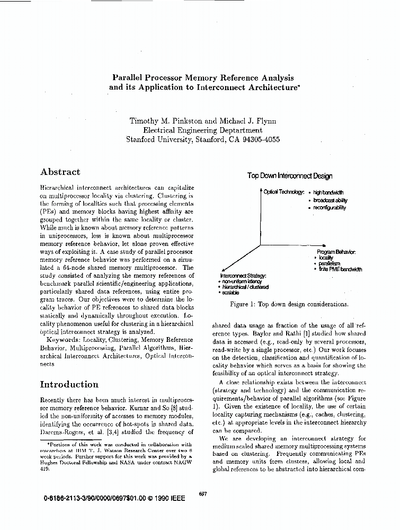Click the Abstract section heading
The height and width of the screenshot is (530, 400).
point(60,172)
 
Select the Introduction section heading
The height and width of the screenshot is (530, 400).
point(69,384)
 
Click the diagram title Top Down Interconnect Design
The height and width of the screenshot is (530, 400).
point(290,176)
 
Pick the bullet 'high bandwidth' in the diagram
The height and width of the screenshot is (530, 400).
point(328,192)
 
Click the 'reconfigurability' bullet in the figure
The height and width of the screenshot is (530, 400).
point(329,208)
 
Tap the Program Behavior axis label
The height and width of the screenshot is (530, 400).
point(336,251)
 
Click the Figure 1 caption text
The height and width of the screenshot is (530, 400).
point(289,304)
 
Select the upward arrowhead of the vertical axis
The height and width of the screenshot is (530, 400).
point(260,190)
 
